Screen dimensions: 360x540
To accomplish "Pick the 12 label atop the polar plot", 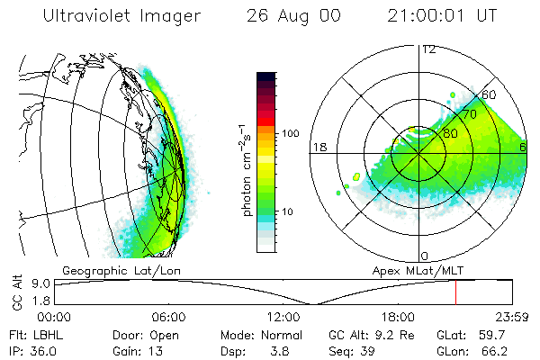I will (x=428, y=49).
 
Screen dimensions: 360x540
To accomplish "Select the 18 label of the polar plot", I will (x=318, y=147).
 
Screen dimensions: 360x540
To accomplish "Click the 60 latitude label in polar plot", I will (x=490, y=94).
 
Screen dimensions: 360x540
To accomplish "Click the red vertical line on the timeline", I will (x=455, y=292).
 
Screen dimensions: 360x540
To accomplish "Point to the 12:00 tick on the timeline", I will (x=283, y=317).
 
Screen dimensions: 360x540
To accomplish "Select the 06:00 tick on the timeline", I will (x=168, y=317).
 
